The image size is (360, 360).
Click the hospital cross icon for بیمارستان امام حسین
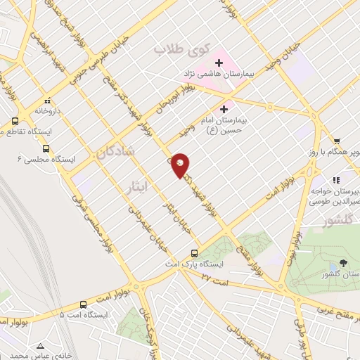coord(224,109)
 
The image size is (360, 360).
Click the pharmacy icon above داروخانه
coord(46,100)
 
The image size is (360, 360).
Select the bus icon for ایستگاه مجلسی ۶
coord(46,148)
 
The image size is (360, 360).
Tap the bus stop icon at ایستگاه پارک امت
coord(195,253)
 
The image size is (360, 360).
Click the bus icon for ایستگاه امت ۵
coord(83,304)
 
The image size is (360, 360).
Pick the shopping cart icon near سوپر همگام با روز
coord(337,141)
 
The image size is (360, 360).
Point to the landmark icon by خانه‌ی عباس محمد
coord(41,345)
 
